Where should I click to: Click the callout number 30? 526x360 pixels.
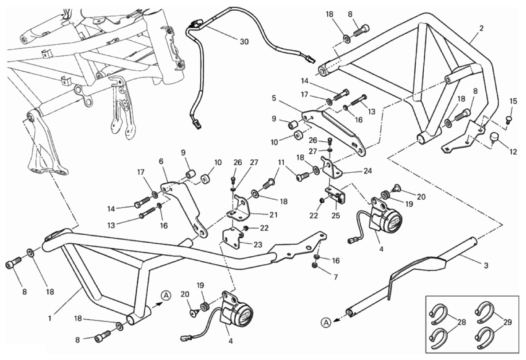(244, 42)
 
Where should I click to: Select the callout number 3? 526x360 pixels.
(486, 266)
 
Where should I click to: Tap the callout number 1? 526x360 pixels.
(50, 317)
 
